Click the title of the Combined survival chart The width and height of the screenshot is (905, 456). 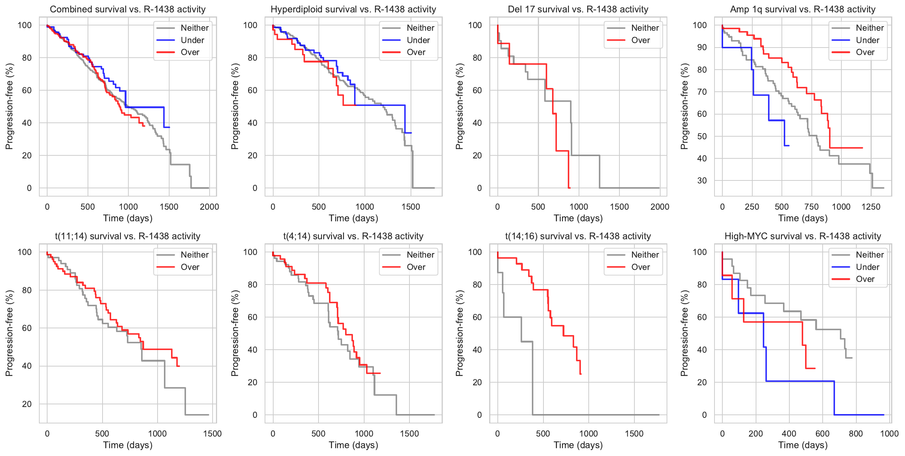[x=128, y=9]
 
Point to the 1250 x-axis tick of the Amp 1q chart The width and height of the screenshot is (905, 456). [x=871, y=207]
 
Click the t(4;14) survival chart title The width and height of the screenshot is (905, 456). [x=353, y=236]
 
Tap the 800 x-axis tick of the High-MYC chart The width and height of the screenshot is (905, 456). [x=856, y=434]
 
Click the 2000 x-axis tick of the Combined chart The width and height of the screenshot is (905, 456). [x=209, y=207]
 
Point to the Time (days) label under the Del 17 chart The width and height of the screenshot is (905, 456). [x=578, y=218]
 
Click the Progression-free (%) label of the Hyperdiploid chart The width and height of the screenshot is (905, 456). [x=235, y=106]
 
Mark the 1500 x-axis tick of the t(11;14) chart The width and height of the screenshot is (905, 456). [x=212, y=434]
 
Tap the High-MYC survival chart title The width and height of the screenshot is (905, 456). [x=803, y=236]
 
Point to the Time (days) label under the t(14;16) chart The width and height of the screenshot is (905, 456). [x=578, y=445]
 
